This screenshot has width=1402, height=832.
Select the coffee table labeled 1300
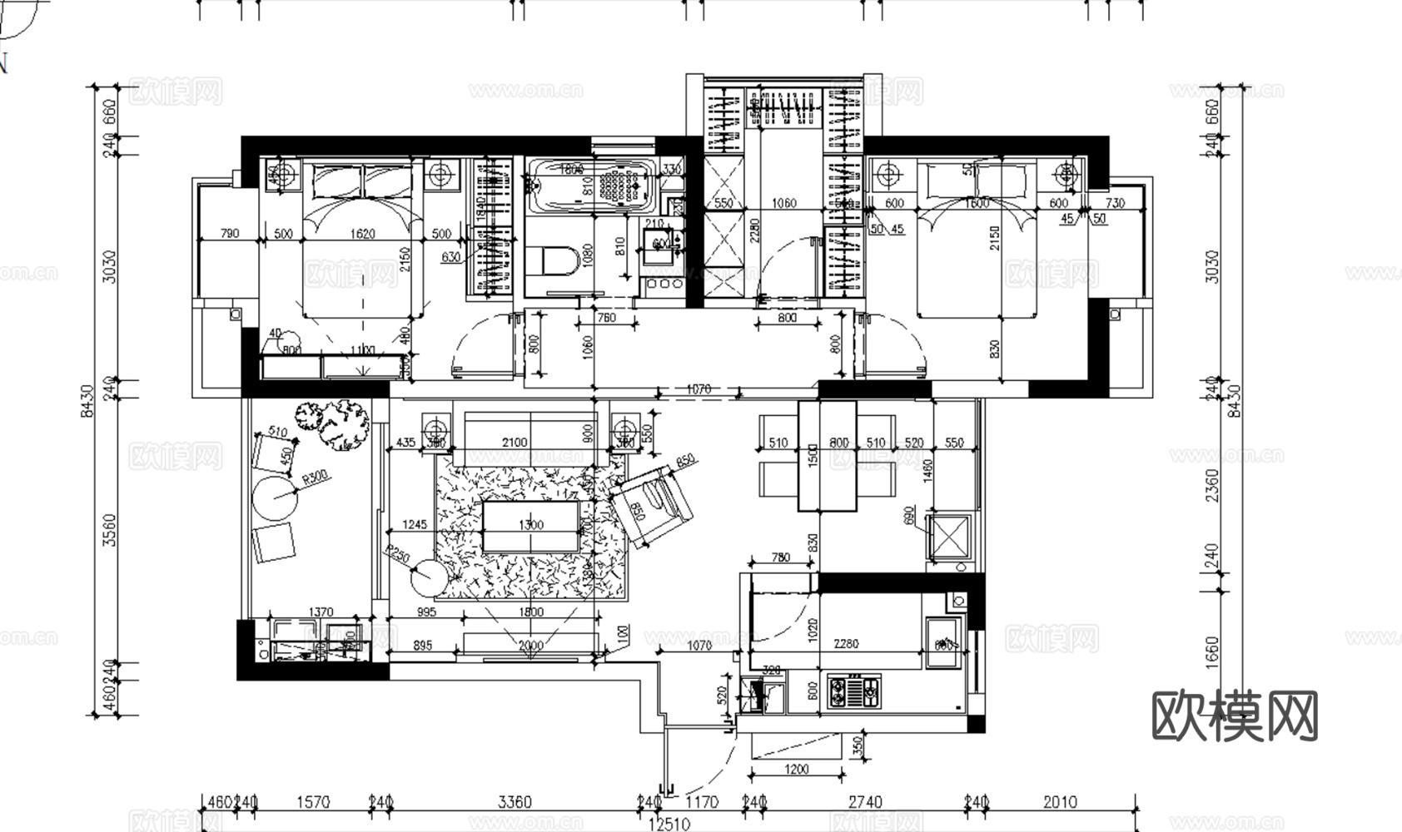531,525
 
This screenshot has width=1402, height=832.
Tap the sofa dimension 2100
514,443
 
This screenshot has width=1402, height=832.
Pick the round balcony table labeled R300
274,498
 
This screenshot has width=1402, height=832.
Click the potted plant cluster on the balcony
335,422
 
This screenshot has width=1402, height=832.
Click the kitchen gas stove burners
854,691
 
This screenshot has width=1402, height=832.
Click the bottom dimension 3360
514,802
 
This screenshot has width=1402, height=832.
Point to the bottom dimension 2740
865,802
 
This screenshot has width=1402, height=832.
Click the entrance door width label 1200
796,770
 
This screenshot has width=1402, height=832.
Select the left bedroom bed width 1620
362,234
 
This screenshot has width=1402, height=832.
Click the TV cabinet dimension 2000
530,645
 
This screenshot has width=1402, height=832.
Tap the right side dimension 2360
1212,486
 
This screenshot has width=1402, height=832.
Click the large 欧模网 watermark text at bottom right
1235,716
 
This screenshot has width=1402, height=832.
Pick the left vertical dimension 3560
108,530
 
